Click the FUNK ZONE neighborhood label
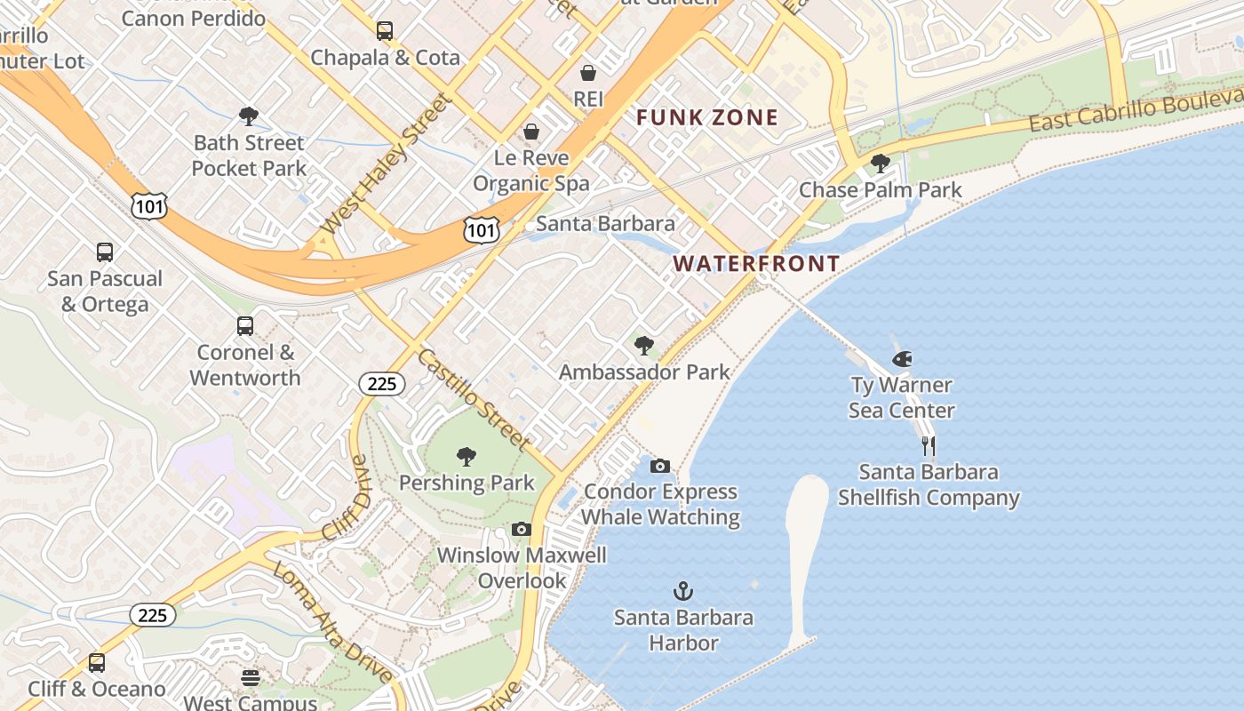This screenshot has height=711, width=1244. [706, 117]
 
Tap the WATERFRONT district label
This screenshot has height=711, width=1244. [756, 263]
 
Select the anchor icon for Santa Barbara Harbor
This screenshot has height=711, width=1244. [682, 591]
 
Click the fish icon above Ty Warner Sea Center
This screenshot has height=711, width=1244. [902, 359]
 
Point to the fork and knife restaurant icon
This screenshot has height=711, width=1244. [929, 445]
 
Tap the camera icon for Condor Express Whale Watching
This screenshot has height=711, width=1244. [659, 466]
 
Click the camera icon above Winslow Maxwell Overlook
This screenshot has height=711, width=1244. [522, 530]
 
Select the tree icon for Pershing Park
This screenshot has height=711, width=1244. [466, 457]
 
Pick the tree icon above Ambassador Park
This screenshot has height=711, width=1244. [644, 346]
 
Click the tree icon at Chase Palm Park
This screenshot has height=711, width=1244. [880, 164]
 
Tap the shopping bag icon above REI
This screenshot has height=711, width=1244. [587, 72]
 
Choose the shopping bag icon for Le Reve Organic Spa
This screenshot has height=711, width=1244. [530, 132]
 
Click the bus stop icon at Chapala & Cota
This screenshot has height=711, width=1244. [384, 31]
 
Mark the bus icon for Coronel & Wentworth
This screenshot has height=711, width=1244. [244, 326]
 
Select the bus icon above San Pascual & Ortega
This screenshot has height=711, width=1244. [105, 252]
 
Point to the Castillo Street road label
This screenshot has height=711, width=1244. [473, 399]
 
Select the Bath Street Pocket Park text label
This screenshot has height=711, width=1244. [249, 156]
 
